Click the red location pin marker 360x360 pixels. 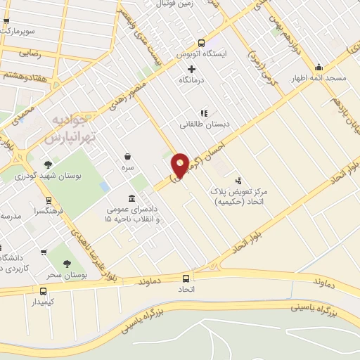tap(180, 167)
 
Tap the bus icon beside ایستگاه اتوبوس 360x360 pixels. tap(202, 44)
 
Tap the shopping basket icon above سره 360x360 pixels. tap(127, 156)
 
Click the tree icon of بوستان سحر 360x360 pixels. tap(67, 264)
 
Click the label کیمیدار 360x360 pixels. tap(44, 300)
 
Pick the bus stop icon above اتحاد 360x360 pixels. tap(186, 278)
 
